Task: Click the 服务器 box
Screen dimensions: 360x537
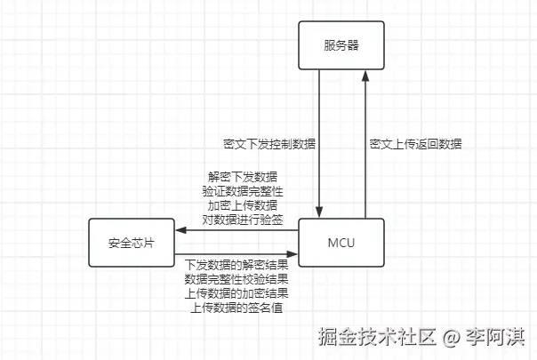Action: (341, 44)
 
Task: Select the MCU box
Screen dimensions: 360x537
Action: (341, 242)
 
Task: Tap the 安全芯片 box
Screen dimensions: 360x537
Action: (131, 242)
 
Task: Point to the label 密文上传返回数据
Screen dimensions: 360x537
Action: (415, 143)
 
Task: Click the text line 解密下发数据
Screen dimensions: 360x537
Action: (236, 176)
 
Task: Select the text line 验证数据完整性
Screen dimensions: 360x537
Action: (236, 190)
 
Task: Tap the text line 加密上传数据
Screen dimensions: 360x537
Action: (236, 204)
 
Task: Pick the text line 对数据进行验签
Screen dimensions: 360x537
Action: (236, 219)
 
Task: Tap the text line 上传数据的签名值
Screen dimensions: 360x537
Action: (236, 307)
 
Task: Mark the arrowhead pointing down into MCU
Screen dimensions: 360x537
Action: (319, 212)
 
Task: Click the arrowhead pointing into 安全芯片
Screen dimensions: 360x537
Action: (180, 231)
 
